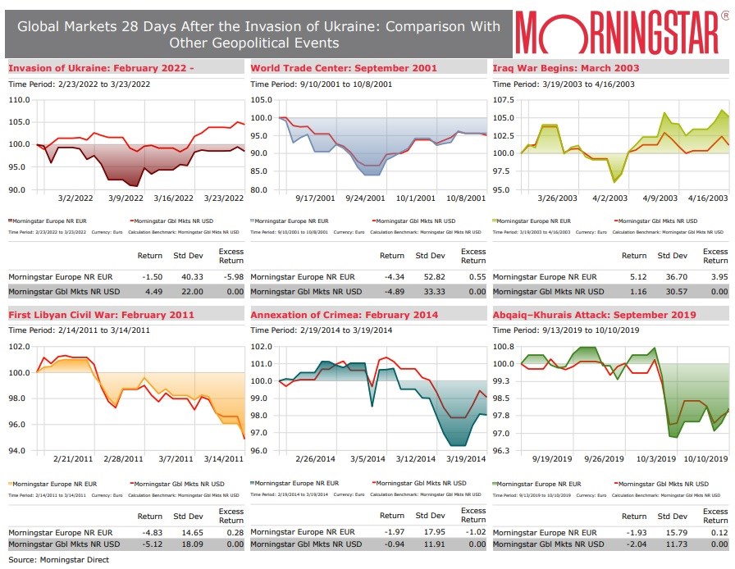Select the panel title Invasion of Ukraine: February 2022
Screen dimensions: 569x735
click(x=101, y=67)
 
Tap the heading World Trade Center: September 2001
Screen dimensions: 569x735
click(x=344, y=67)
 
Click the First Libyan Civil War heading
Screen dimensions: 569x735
click(x=89, y=314)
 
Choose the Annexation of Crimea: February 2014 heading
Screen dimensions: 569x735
click(x=344, y=314)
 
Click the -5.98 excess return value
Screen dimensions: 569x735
click(x=231, y=278)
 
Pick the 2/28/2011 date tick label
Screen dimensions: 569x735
click(x=126, y=458)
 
